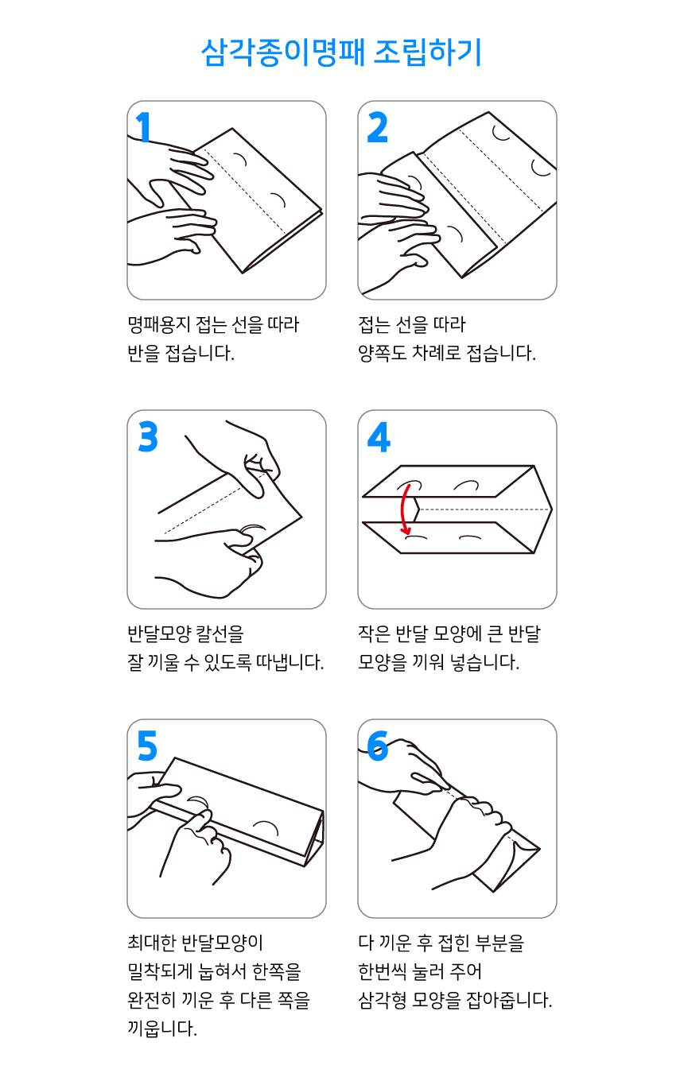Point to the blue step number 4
click(379, 437)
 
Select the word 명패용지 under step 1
click(156, 324)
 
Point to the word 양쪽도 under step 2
click(382, 353)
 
